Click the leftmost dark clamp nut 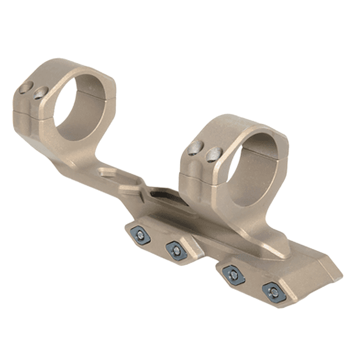(139, 235)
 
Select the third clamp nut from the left (233, 275)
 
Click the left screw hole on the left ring (25, 88)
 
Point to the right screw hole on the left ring (40, 93)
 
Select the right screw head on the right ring (212, 154)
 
